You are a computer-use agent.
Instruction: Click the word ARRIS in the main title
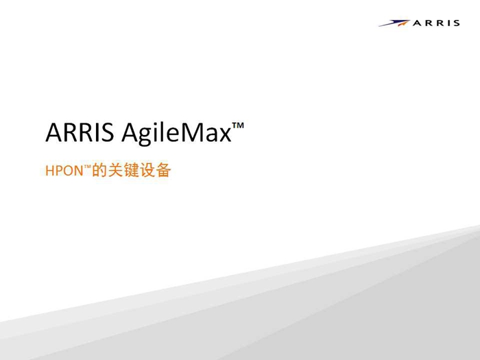click(80, 132)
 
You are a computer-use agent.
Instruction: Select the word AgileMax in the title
click(177, 134)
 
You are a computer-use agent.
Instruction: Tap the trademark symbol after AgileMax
click(238, 125)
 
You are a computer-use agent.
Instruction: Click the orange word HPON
click(64, 171)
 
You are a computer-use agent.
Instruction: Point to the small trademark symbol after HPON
click(87, 167)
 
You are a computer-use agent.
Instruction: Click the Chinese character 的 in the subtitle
click(99, 170)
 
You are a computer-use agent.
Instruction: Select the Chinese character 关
click(115, 170)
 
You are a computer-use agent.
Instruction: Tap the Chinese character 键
click(132, 170)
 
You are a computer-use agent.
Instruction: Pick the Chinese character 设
click(147, 170)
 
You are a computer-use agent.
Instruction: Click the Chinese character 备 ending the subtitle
click(163, 170)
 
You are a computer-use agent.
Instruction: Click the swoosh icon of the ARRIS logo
click(394, 23)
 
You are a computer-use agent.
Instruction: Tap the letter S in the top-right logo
click(457, 23)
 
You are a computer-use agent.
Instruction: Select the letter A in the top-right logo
click(417, 23)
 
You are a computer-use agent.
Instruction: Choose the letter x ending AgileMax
click(225, 135)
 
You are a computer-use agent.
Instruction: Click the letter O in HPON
click(67, 171)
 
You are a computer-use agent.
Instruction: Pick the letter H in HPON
click(49, 171)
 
